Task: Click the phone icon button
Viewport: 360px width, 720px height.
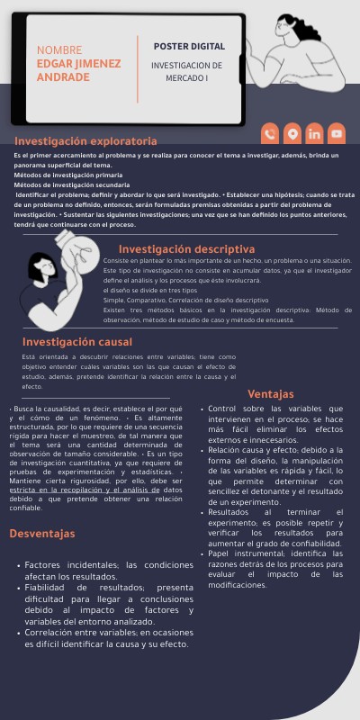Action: (x=269, y=134)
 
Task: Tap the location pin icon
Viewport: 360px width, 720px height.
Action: (x=292, y=134)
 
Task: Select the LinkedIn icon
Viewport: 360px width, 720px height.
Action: (x=313, y=134)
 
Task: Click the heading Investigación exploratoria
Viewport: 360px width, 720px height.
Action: (x=85, y=141)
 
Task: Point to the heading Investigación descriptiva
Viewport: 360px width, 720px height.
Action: (x=187, y=248)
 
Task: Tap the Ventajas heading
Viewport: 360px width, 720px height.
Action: (x=271, y=393)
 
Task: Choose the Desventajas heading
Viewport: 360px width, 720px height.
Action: (x=42, y=534)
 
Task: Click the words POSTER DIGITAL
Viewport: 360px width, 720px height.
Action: (x=189, y=46)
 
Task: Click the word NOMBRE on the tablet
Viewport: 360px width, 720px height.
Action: (x=59, y=50)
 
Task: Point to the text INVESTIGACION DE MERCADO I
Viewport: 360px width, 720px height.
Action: (x=186, y=72)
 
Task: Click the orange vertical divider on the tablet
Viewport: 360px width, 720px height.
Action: (x=138, y=68)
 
